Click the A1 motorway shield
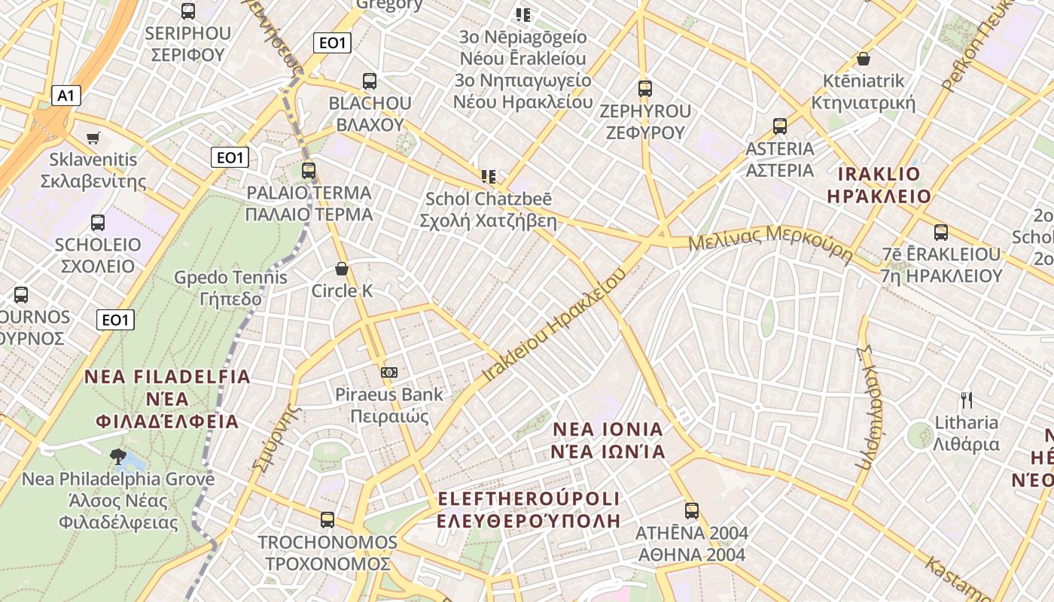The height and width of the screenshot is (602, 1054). [66, 96]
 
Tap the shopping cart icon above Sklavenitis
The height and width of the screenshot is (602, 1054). [93, 138]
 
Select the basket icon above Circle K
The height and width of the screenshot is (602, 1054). [342, 269]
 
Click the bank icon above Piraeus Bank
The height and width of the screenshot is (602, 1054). [389, 372]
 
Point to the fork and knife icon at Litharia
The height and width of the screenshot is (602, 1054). [967, 400]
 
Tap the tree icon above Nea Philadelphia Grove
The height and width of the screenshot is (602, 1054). [117, 455]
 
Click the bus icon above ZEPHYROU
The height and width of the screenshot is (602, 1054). [644, 88]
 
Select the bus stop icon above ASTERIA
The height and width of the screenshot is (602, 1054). [780, 126]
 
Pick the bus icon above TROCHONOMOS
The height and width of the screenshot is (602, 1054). [327, 519]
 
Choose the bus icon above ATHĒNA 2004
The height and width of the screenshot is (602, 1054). [691, 510]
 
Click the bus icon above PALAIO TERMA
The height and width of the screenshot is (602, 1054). [309, 170]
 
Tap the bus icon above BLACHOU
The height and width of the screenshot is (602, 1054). [369, 81]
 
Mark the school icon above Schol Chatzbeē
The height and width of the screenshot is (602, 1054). [489, 177]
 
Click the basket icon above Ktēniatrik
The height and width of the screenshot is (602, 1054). [864, 58]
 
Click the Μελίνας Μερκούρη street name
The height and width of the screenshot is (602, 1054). [769, 243]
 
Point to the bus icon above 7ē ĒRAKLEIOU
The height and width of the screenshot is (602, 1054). [940, 232]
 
